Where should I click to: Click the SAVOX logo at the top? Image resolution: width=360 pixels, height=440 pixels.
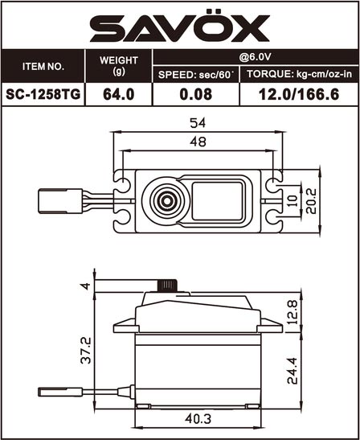tap(180, 26)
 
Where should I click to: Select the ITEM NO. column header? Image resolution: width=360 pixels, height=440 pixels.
tap(43, 67)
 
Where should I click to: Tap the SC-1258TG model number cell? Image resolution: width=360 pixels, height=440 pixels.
tap(43, 94)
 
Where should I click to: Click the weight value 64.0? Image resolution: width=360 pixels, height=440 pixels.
tap(119, 94)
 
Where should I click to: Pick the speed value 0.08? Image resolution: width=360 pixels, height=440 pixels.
tap(196, 94)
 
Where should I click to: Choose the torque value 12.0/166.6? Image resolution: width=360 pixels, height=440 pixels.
tap(299, 94)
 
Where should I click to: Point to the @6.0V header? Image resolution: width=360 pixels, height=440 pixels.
tap(255, 57)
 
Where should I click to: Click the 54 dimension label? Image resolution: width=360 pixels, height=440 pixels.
tap(198, 123)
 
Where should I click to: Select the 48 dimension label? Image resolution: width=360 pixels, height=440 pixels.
tap(198, 142)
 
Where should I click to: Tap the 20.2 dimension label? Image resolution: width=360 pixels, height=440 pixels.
tap(311, 201)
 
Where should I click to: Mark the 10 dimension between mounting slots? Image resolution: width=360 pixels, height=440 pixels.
tap(292, 201)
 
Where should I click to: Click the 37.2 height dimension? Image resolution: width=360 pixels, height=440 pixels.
tap(86, 351)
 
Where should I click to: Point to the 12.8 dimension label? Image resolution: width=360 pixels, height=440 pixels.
tap(292, 312)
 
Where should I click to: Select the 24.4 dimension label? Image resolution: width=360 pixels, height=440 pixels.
tap(292, 370)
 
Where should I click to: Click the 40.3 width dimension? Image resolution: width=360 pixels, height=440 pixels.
tap(198, 419)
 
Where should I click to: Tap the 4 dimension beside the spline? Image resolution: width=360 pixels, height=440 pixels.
tap(85, 286)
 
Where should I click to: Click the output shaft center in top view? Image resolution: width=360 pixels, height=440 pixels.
tap(167, 201)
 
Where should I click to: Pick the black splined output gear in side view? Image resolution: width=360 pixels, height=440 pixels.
tap(167, 286)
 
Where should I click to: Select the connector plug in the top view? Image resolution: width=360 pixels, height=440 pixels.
tap(60, 201)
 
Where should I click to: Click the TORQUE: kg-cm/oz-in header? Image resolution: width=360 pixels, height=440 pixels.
tap(299, 74)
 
